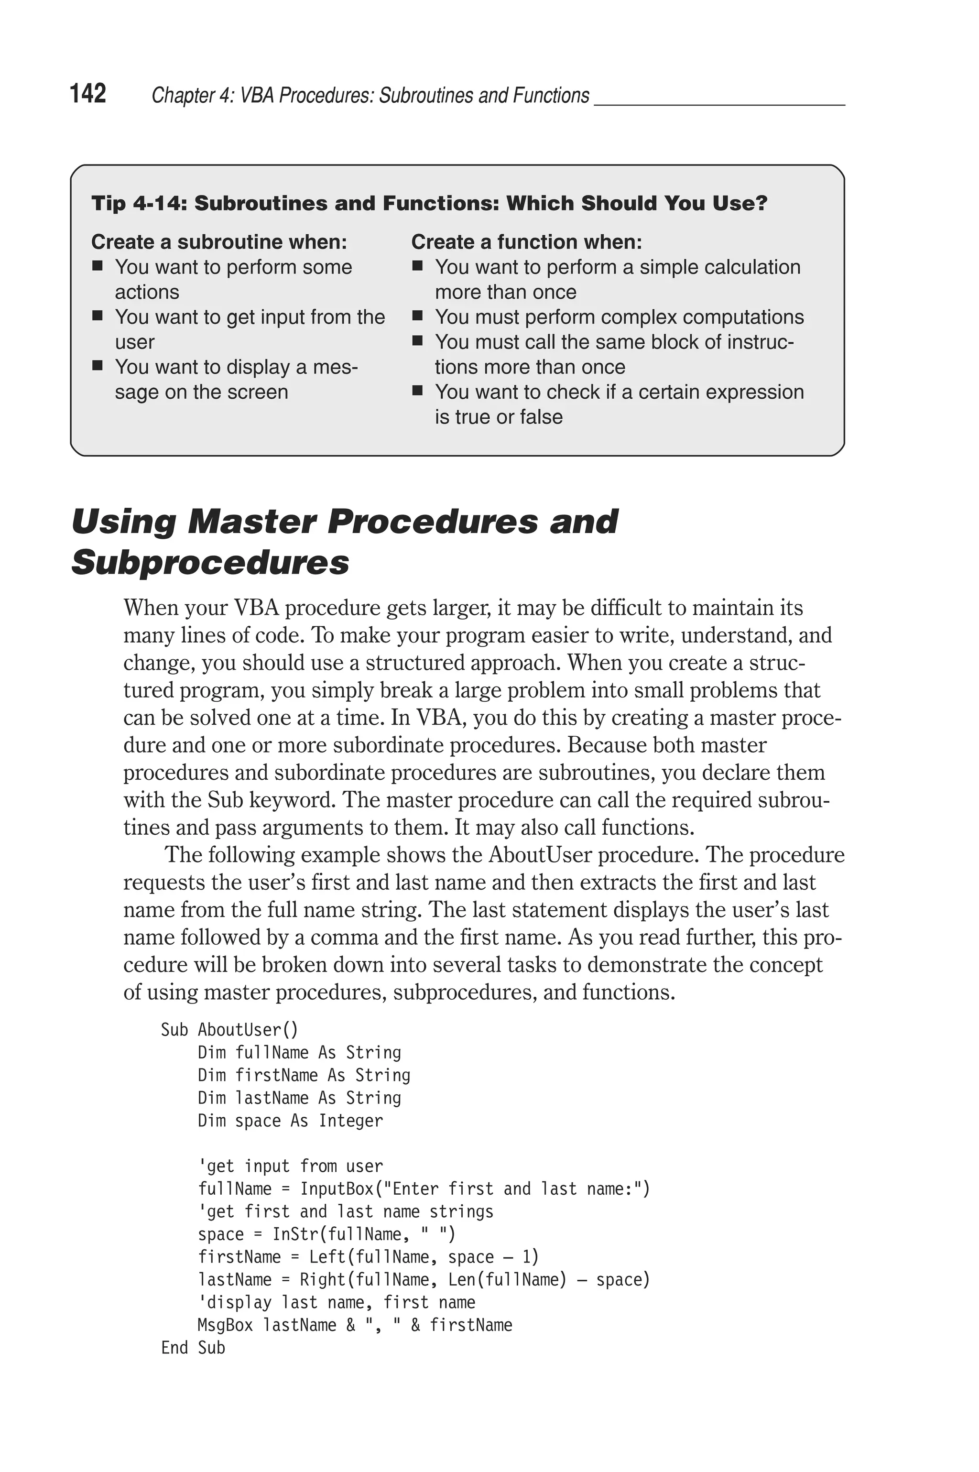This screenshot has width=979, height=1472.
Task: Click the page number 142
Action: click(x=88, y=94)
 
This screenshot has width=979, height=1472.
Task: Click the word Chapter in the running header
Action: click(x=175, y=96)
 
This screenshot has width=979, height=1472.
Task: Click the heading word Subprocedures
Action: click(x=210, y=562)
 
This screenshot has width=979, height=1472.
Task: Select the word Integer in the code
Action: click(x=350, y=1121)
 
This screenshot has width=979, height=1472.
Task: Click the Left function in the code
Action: click(x=327, y=1257)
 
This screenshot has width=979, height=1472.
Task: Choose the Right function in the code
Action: click(x=322, y=1280)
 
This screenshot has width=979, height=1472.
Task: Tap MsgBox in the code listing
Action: click(x=225, y=1325)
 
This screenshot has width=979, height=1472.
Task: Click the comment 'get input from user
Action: click(x=290, y=1167)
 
